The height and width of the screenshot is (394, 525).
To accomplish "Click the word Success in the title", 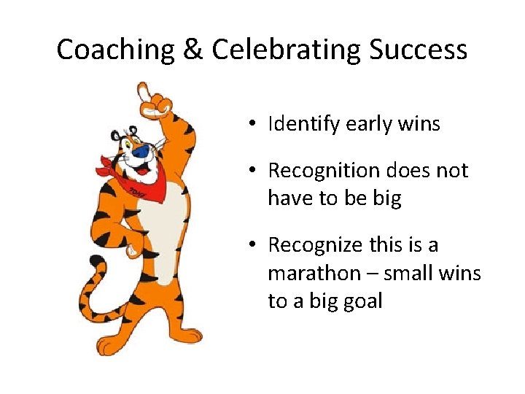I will click(418, 50).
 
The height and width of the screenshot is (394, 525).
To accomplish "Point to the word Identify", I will click(300, 125).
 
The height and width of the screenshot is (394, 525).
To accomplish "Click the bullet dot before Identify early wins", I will click(250, 125).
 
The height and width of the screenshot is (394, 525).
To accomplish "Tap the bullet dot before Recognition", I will click(250, 171).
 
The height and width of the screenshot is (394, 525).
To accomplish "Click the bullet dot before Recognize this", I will click(250, 246).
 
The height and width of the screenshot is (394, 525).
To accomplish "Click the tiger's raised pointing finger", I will click(143, 90).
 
